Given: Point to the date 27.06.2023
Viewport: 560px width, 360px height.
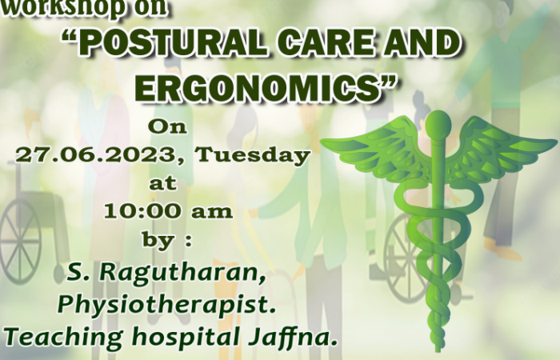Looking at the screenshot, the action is (x=96, y=155).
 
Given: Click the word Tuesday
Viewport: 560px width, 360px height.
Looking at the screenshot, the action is (x=253, y=155).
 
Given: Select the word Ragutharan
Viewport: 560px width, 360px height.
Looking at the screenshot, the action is (x=182, y=273).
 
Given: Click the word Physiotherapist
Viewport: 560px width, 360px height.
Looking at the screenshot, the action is (x=166, y=306).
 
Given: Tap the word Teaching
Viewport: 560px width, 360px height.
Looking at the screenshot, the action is (x=64, y=337).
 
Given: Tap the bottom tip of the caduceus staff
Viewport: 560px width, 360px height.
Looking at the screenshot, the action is (x=438, y=350).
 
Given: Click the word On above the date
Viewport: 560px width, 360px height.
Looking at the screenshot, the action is (x=167, y=126).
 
